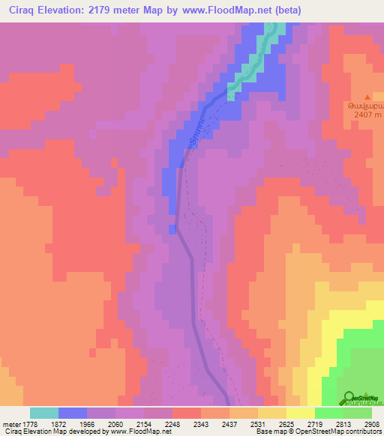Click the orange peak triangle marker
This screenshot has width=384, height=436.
tap(367, 97)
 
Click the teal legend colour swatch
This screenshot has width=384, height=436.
tap(44, 413)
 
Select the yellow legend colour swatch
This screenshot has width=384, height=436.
tap(300, 413)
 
